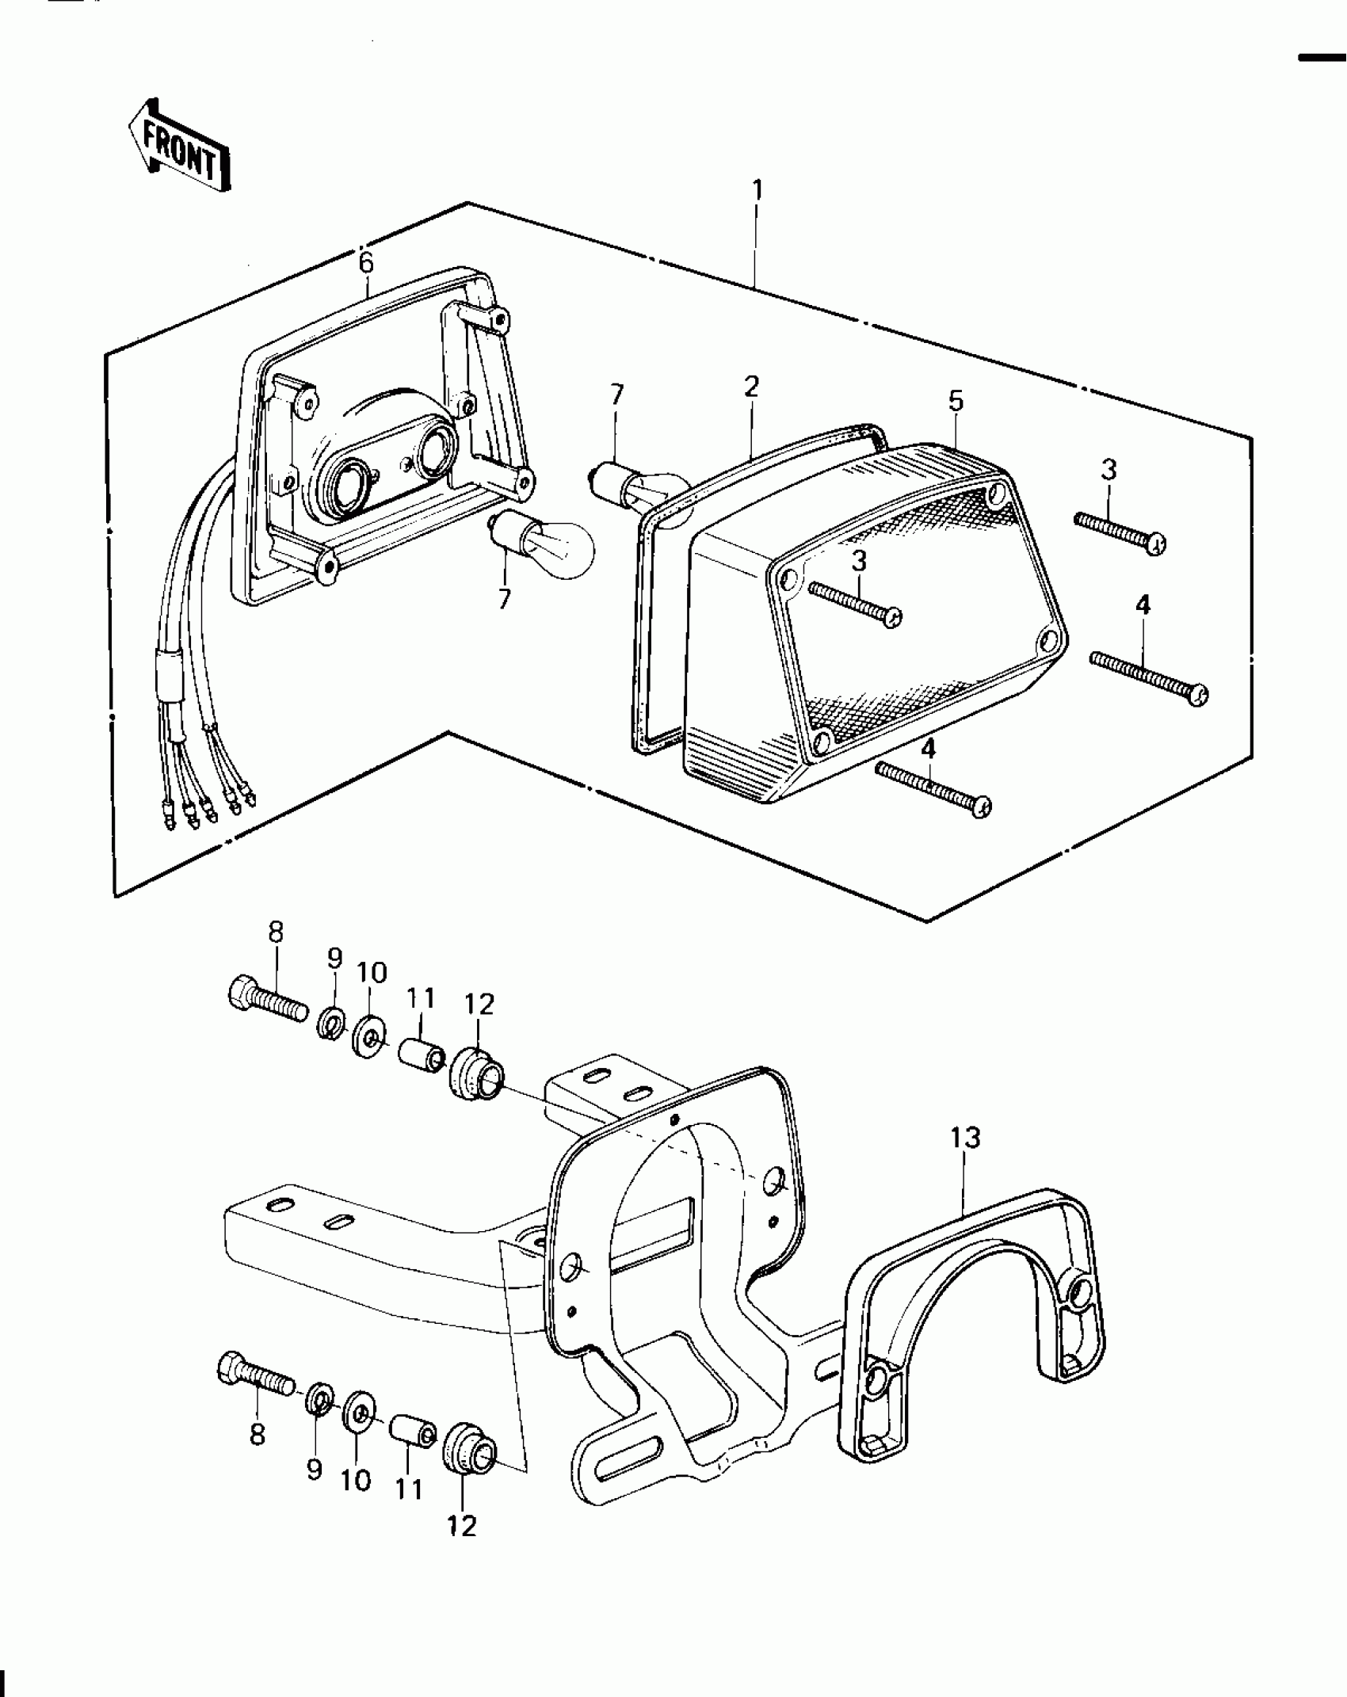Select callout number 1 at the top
pyautogui.click(x=757, y=191)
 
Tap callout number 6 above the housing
pyautogui.click(x=365, y=264)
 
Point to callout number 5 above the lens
pyautogui.click(x=956, y=402)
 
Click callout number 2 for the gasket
pyautogui.click(x=751, y=387)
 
